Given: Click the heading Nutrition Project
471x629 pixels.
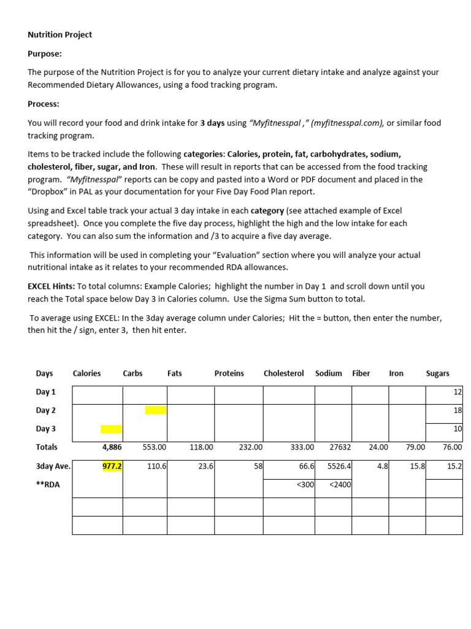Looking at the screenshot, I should pyautogui.click(x=59, y=35).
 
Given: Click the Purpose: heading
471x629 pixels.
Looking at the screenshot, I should pyautogui.click(x=45, y=53).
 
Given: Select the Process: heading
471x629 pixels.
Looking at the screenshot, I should pyautogui.click(x=44, y=104).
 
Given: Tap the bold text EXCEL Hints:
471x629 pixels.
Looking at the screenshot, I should pyautogui.click(x=51, y=286).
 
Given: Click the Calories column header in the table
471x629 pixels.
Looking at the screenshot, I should pyautogui.click(x=86, y=373).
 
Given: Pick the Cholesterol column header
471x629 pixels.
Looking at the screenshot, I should pyautogui.click(x=283, y=373).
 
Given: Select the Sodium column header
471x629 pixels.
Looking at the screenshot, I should pyautogui.click(x=329, y=373).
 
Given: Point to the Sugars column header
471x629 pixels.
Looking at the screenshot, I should pyautogui.click(x=437, y=373).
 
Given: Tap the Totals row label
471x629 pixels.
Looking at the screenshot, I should pyautogui.click(x=47, y=447).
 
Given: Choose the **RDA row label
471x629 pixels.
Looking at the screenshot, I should pyautogui.click(x=48, y=485).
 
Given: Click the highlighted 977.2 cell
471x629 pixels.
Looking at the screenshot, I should pyautogui.click(x=112, y=466).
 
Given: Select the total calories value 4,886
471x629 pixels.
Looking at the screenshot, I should pyautogui.click(x=111, y=448).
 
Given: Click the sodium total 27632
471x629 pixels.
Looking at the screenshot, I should pyautogui.click(x=340, y=448).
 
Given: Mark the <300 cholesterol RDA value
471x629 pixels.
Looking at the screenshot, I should pyautogui.click(x=305, y=485).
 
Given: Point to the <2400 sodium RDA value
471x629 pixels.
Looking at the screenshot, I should pyautogui.click(x=340, y=485).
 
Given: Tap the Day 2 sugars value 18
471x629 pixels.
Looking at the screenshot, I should pyautogui.click(x=458, y=410).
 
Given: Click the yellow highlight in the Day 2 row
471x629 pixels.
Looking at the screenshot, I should pyautogui.click(x=156, y=410).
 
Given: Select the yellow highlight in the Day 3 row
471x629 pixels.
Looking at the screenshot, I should pyautogui.click(x=111, y=429).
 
